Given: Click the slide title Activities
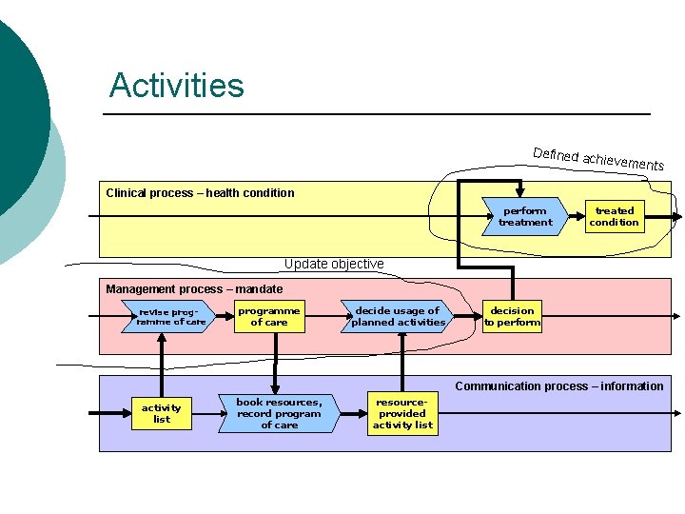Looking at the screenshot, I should [x=176, y=86].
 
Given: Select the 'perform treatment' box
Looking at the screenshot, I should [x=525, y=216].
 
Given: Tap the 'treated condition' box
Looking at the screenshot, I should [x=614, y=216].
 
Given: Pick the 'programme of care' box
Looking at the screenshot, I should [x=268, y=316].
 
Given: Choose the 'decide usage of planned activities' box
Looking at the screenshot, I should [x=398, y=316].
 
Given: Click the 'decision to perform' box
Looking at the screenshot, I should [x=512, y=316].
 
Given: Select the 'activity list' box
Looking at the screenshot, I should [x=162, y=413].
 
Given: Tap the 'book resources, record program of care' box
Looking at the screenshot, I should [x=279, y=414].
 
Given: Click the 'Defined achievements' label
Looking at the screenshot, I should [x=597, y=159].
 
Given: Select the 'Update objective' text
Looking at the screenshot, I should [x=334, y=264].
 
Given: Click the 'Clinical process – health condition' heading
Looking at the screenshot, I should [x=200, y=193].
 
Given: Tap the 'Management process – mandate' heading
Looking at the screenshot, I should [x=194, y=288].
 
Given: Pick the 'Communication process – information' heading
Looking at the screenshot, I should [x=558, y=385].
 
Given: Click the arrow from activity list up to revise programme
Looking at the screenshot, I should [x=162, y=362].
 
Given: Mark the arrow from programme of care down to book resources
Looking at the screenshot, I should [x=275, y=362].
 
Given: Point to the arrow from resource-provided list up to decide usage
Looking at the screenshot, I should [x=401, y=362].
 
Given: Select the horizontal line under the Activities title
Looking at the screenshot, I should [x=376, y=114].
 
